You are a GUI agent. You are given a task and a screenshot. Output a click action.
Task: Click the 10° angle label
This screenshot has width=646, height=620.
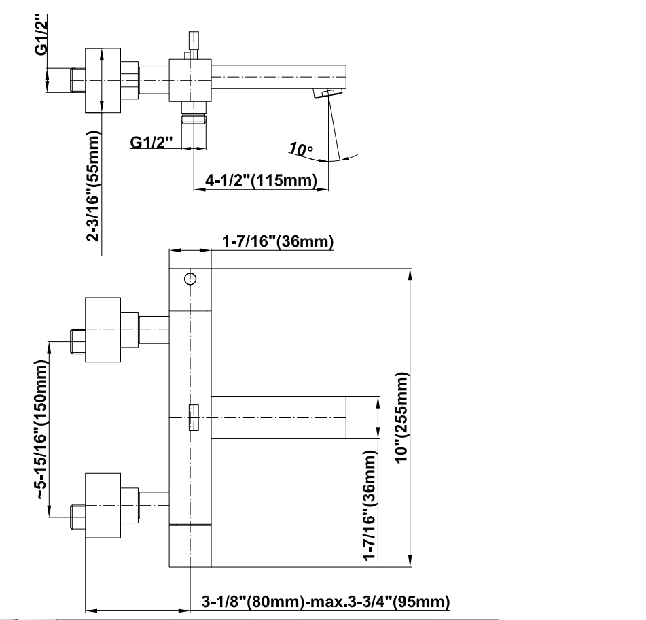[x=300, y=149]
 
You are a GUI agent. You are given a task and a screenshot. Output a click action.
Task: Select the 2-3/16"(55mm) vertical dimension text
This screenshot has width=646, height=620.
[x=95, y=186]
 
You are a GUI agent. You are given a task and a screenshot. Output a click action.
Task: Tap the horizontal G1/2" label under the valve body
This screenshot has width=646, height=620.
[x=151, y=142]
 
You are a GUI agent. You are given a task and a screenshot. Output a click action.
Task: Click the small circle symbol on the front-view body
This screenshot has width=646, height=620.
[x=191, y=279]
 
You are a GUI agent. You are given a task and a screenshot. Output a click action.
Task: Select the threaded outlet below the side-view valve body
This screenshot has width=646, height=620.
[x=194, y=120]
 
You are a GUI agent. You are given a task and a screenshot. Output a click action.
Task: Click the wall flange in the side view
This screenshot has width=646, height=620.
[x=103, y=80]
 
